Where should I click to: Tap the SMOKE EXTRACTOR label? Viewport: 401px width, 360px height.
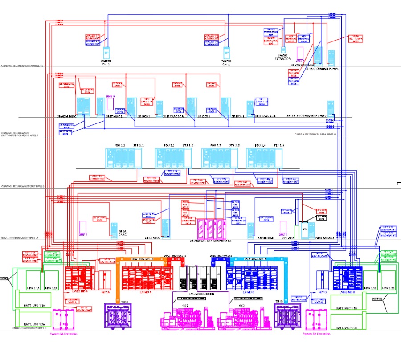click(x=282, y=57)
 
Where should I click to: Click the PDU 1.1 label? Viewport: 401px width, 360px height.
click(x=119, y=146)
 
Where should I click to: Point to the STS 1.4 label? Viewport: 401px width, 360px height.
click(x=279, y=146)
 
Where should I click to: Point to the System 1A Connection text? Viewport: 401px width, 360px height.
click(x=63, y=333)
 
